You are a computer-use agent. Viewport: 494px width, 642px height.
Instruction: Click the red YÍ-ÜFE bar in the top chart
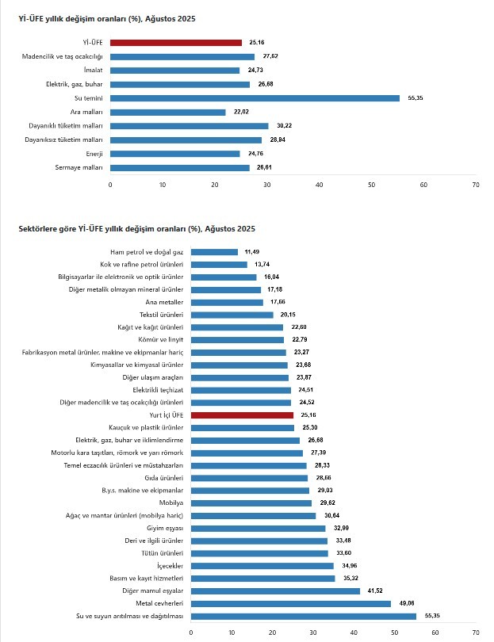click(175, 43)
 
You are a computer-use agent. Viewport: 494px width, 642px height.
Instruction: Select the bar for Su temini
click(255, 98)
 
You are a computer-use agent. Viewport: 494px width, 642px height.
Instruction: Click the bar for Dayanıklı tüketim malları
click(189, 126)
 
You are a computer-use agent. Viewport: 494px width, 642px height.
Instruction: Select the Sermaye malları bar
click(179, 168)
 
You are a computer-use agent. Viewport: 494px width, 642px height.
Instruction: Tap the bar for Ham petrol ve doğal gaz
click(214, 252)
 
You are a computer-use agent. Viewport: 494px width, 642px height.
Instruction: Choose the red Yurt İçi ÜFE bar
click(242, 415)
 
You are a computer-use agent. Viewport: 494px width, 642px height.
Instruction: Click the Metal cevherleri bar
click(290, 603)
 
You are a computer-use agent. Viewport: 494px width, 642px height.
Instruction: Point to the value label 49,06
click(406, 603)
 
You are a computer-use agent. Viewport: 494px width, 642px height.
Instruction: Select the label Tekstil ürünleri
click(161, 315)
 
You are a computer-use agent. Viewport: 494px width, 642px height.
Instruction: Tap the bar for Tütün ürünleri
click(259, 553)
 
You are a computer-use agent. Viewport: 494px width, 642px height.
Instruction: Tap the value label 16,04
click(272, 277)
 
